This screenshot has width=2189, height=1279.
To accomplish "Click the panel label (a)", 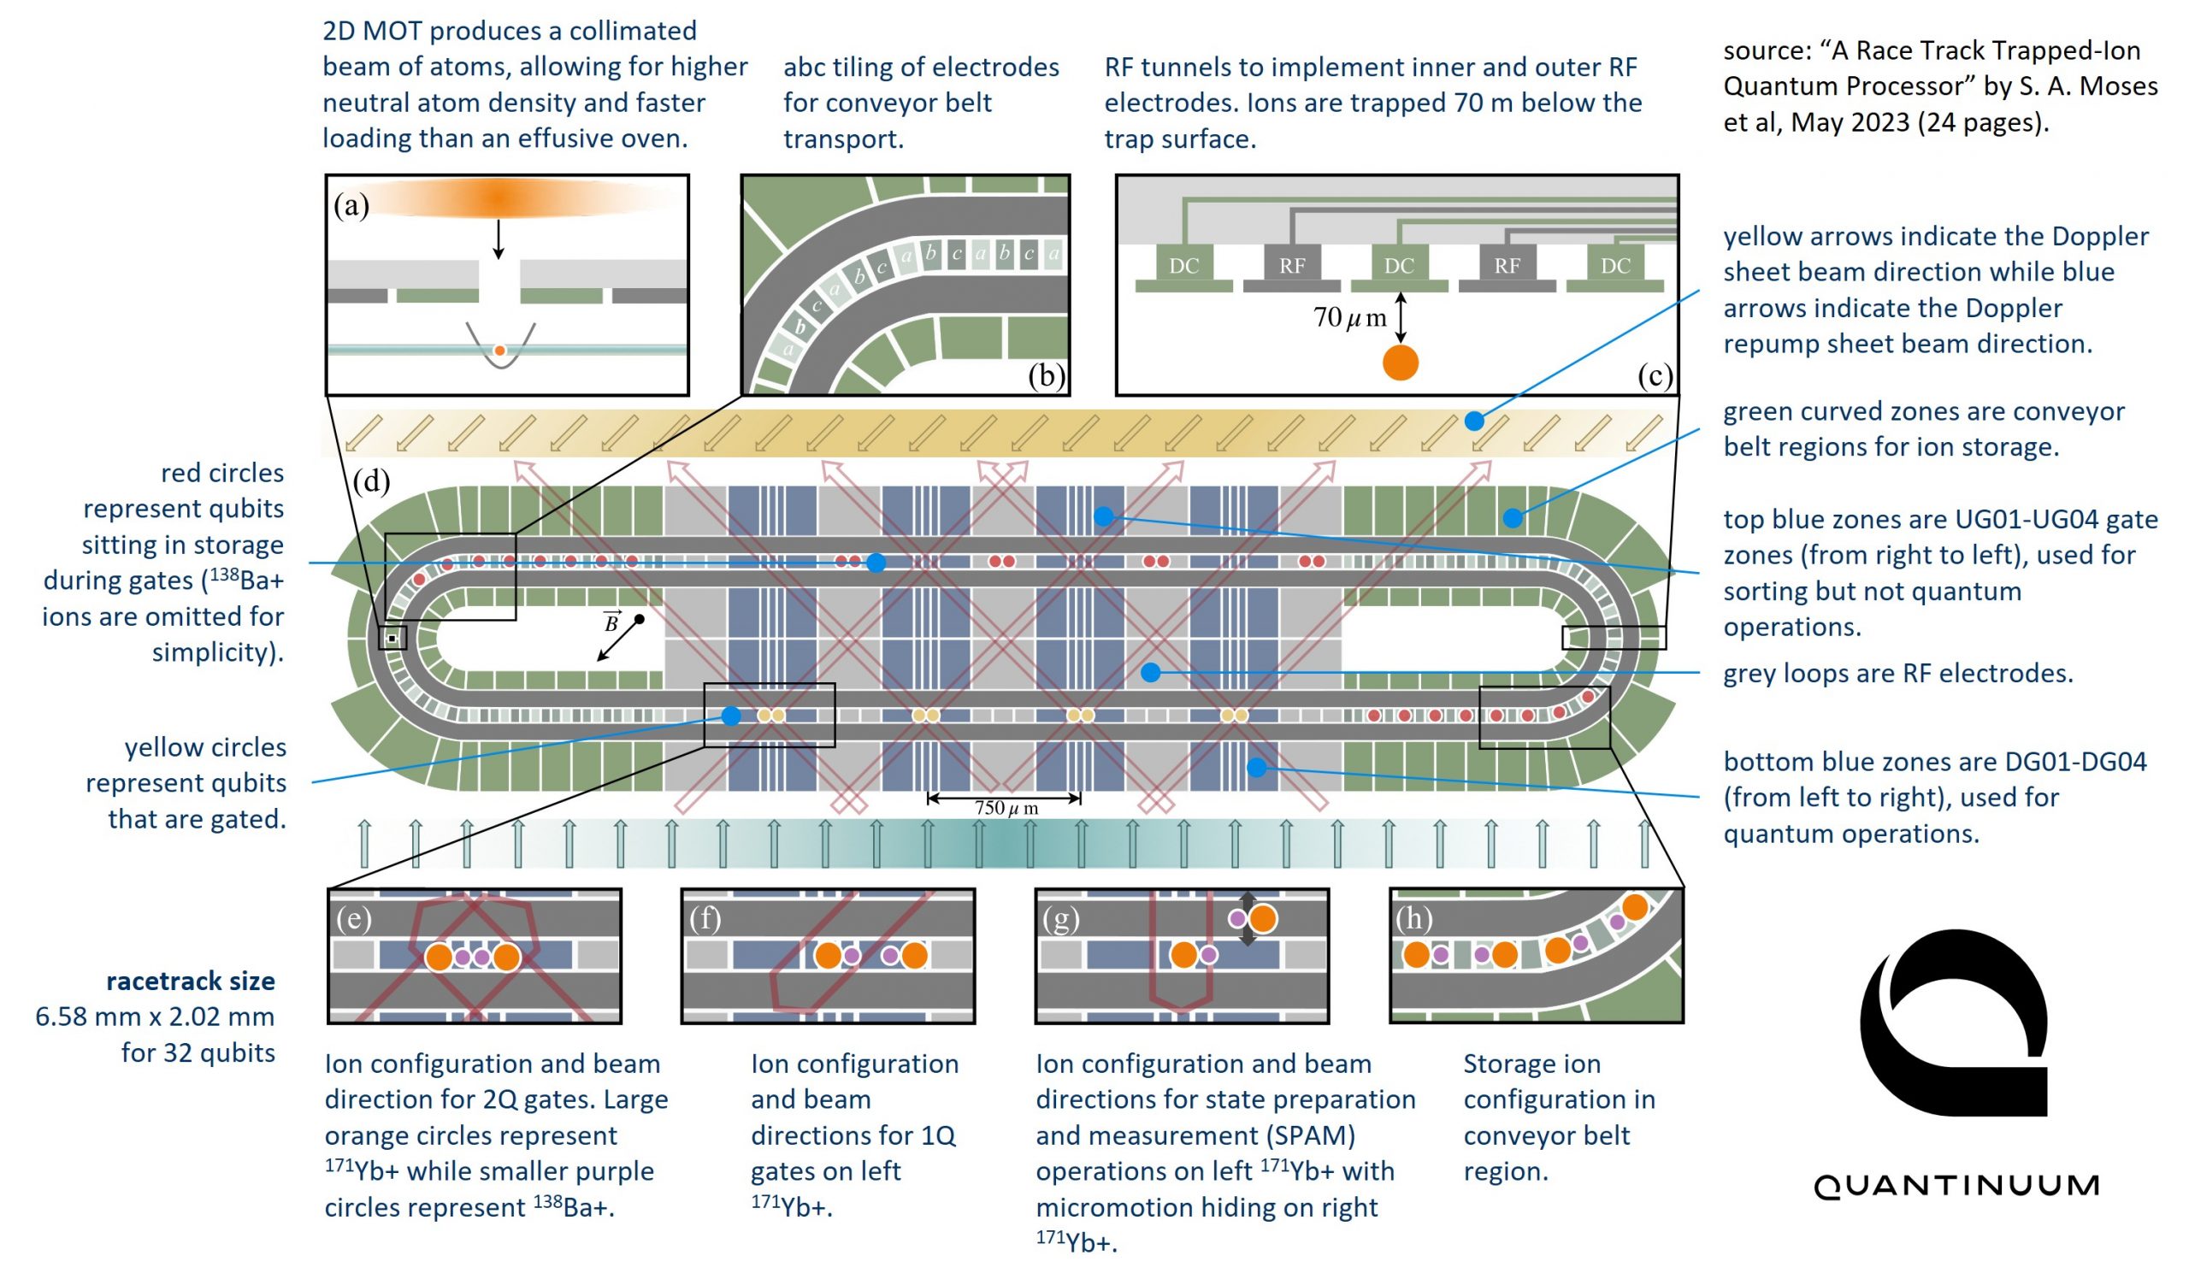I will (351, 206).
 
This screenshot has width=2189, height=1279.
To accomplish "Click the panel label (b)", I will (1046, 375).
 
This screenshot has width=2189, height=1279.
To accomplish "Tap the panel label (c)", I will (1655, 375).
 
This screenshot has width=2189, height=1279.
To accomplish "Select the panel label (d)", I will (371, 480).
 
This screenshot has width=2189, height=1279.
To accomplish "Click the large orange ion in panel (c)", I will (1401, 362).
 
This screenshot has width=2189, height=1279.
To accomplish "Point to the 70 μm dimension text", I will (1349, 318).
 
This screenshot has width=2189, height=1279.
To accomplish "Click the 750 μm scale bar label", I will (1006, 808).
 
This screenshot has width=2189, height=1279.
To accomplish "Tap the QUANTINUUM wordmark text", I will (1956, 1185).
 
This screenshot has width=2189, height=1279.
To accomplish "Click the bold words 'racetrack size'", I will (190, 981).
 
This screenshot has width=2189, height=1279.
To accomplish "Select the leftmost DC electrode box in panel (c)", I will (1183, 265).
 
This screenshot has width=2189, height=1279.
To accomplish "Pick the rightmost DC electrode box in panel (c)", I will (1615, 265).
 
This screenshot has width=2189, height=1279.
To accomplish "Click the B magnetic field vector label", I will (611, 622).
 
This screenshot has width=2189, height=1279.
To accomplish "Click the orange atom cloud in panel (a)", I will (499, 198).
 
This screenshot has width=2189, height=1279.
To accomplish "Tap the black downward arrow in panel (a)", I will (499, 239).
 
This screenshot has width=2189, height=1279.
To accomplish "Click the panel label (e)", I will (353, 918).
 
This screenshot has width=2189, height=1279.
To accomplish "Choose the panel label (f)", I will (705, 918).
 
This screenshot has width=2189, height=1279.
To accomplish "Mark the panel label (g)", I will (1060, 918).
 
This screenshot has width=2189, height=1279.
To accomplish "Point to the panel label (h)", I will (1414, 918).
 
